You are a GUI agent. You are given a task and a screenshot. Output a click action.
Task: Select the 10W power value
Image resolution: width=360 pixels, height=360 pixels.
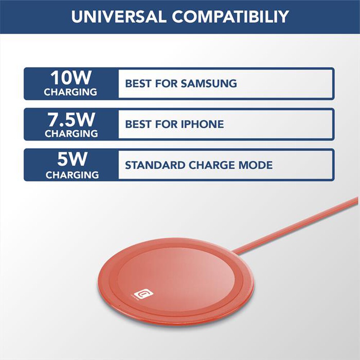tap(71, 78)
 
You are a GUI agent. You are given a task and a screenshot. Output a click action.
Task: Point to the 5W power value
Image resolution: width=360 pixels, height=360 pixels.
tap(71, 160)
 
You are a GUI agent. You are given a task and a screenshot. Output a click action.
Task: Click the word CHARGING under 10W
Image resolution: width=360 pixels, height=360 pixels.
tap(71, 92)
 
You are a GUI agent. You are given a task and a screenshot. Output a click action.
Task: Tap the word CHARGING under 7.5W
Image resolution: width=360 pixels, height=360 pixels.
tap(71, 134)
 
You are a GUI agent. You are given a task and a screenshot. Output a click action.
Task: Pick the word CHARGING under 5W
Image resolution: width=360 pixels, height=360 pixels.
tap(72, 175)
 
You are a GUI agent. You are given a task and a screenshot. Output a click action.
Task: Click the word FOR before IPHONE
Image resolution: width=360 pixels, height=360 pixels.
tap(166, 125)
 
